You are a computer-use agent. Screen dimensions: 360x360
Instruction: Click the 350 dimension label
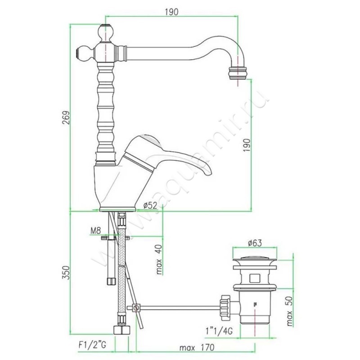(x=66, y=273)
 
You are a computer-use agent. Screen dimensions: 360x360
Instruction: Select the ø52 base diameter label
(x=150, y=205)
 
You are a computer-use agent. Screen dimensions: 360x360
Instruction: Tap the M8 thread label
(x=95, y=230)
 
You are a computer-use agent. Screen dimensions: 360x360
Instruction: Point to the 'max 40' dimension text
(x=159, y=260)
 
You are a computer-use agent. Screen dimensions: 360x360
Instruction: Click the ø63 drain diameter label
(x=255, y=243)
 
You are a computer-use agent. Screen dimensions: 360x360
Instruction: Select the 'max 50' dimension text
(x=290, y=311)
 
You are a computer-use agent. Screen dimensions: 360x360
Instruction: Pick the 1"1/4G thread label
(x=219, y=331)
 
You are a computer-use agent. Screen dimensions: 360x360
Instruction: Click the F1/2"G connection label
(x=92, y=345)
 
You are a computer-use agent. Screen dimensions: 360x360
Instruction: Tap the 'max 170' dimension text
(x=197, y=347)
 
